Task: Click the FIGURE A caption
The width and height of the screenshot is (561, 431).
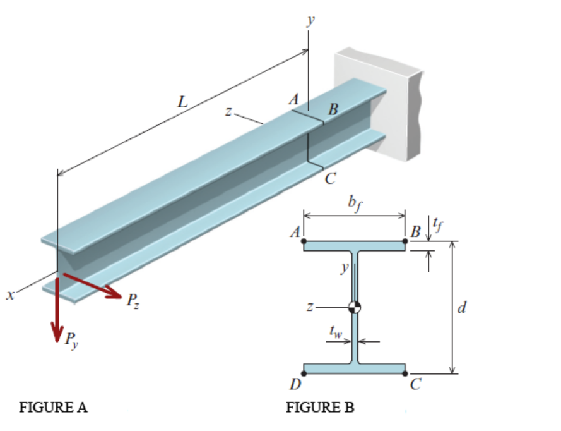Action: [x=54, y=408]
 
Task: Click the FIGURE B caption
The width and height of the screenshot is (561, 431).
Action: [x=320, y=408]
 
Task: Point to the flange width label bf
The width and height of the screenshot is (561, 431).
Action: [x=355, y=204]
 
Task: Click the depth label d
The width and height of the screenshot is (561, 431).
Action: [x=464, y=308]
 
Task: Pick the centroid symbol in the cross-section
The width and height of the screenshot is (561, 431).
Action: [x=355, y=308]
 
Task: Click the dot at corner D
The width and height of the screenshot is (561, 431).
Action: [x=304, y=373]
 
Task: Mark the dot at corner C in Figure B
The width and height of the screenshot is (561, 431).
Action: [x=406, y=373]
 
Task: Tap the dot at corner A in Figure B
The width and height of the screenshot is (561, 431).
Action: [x=304, y=241]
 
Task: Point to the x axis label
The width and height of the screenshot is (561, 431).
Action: [x=8, y=295]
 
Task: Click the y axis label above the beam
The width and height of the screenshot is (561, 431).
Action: [x=309, y=20]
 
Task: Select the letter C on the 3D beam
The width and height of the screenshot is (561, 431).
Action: [x=329, y=179]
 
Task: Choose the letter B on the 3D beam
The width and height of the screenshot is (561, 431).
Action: [x=333, y=110]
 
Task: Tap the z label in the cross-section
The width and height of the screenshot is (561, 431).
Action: [x=310, y=307]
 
